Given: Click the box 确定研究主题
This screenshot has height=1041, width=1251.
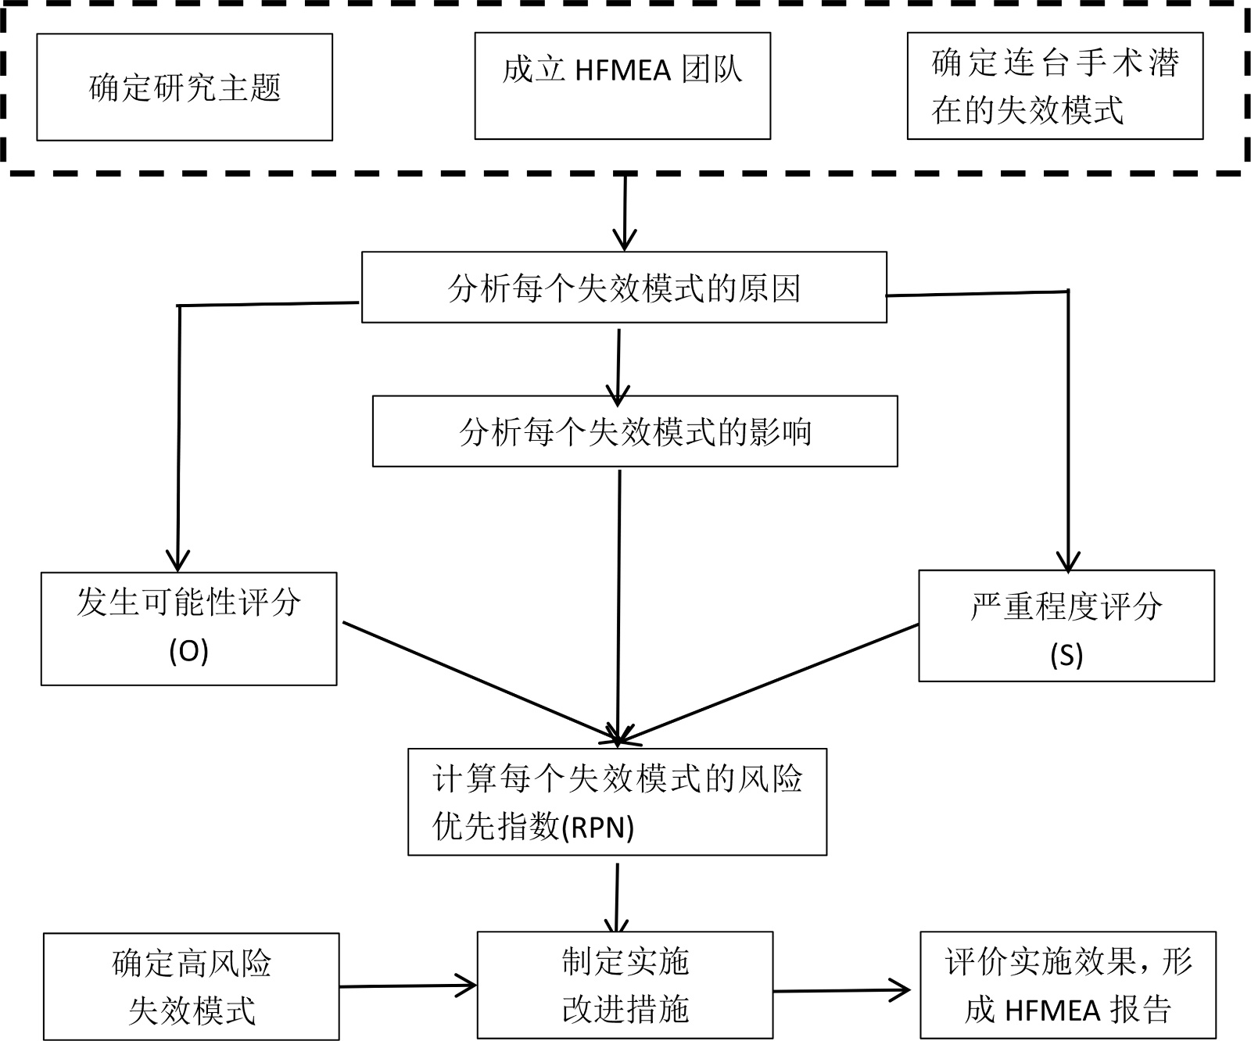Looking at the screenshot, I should (185, 87).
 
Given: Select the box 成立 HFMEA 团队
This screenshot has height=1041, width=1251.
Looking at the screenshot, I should (622, 86).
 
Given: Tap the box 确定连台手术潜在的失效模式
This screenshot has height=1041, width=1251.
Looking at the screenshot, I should (1055, 86).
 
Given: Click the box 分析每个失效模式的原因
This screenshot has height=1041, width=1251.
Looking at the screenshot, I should (624, 287).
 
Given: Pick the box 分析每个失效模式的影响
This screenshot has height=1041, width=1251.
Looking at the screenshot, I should (635, 431).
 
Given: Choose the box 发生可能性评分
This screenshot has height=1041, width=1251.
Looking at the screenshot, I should (188, 628).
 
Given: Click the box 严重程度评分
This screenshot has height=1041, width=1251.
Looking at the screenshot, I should (1066, 625).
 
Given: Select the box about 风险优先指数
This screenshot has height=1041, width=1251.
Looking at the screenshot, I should (617, 802).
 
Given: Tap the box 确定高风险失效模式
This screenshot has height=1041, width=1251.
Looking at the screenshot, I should (192, 986).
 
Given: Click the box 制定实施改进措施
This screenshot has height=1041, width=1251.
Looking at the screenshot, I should (625, 985).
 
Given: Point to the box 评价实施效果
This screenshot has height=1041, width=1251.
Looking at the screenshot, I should (1068, 985).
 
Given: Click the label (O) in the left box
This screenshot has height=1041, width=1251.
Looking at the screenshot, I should (188, 652).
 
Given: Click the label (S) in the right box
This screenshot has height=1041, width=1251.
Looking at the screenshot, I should (1066, 655).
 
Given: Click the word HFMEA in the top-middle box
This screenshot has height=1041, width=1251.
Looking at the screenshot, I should (623, 71).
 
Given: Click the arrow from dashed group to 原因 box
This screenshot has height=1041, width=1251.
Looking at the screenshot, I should (625, 211).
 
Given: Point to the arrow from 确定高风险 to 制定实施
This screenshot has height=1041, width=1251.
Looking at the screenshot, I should (407, 986).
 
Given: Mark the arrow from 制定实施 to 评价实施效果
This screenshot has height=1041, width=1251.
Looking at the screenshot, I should (842, 991).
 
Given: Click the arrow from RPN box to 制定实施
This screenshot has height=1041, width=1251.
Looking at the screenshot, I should (618, 897).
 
